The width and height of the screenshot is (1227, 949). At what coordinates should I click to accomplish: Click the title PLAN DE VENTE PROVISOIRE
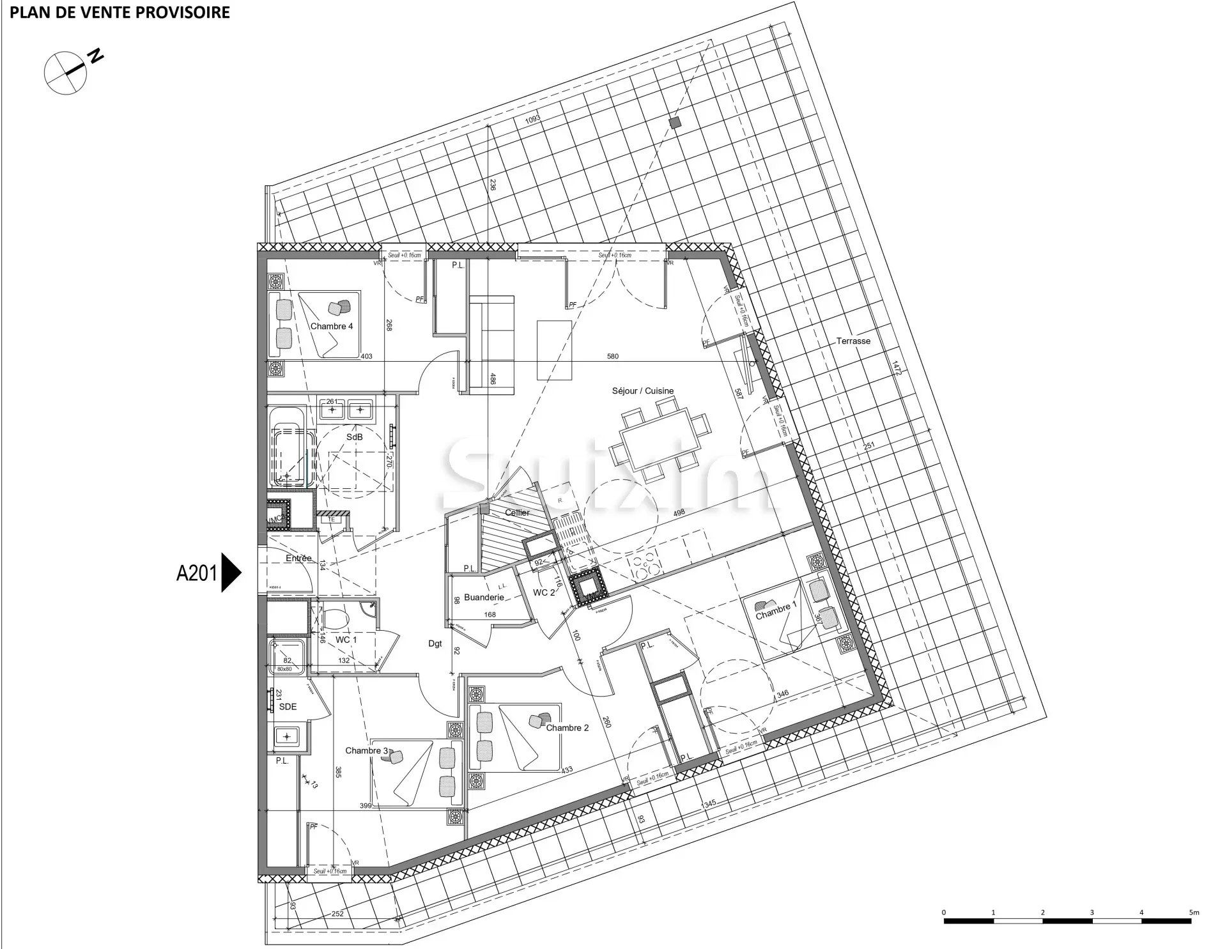click(120, 12)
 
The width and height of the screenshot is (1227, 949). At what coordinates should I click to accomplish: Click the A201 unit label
click(196, 573)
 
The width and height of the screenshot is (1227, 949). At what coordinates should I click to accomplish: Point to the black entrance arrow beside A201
click(231, 573)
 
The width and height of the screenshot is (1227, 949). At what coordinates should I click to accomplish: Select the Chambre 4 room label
click(332, 327)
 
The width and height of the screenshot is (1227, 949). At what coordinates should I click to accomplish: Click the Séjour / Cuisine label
click(642, 391)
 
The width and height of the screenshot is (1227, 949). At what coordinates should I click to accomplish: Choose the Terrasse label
click(853, 341)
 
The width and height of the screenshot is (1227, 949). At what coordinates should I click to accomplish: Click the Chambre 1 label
click(776, 615)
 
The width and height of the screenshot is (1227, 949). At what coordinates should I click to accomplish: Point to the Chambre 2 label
click(567, 728)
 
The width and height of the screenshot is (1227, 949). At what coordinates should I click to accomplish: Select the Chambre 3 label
click(367, 750)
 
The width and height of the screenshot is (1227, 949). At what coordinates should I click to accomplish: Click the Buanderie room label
click(484, 598)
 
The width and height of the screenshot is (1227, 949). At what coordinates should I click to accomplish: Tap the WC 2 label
click(544, 593)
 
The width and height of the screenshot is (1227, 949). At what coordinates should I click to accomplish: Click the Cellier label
click(517, 513)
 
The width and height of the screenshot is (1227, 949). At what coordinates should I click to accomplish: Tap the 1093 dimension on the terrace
click(532, 119)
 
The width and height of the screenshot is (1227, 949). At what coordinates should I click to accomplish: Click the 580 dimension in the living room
click(612, 357)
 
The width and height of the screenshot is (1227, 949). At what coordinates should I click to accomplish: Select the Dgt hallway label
click(435, 644)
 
